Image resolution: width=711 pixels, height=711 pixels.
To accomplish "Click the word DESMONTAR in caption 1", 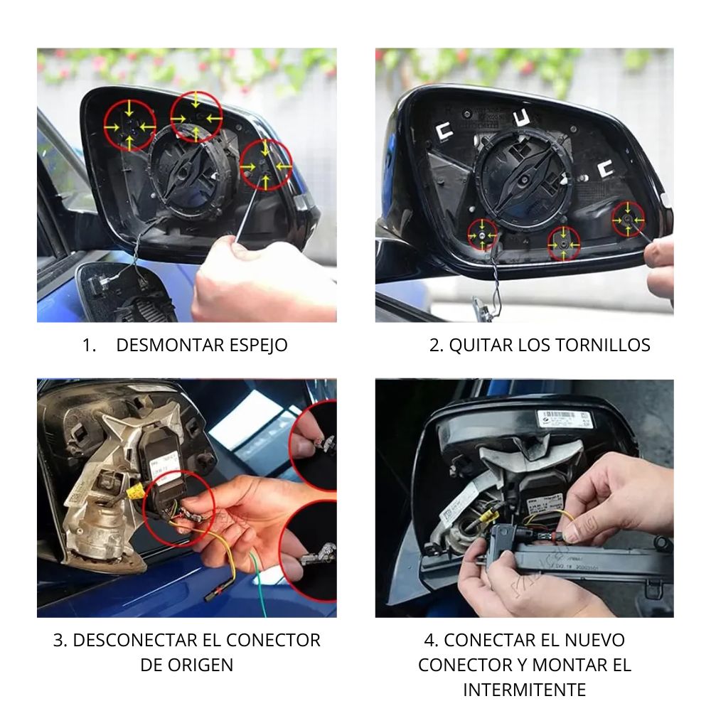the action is coord(170,345).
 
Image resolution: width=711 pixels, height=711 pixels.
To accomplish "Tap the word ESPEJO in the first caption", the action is coord(258,345).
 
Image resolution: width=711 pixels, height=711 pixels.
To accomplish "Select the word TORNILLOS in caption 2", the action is coord(603,345).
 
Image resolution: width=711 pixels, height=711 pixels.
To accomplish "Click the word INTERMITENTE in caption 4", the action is coord(524,690).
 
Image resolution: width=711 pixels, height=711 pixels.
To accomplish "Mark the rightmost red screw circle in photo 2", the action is coord(628,220).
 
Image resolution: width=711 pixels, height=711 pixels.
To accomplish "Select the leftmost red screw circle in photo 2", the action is coord(483,235).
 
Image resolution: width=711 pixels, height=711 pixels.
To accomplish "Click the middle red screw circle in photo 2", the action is coord(564,244).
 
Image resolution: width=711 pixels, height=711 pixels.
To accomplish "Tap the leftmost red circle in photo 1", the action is coord(129,126).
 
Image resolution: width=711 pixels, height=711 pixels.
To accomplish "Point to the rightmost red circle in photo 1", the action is coord(266,165).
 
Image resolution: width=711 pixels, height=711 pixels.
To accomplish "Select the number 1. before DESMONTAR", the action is coord(90,346).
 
